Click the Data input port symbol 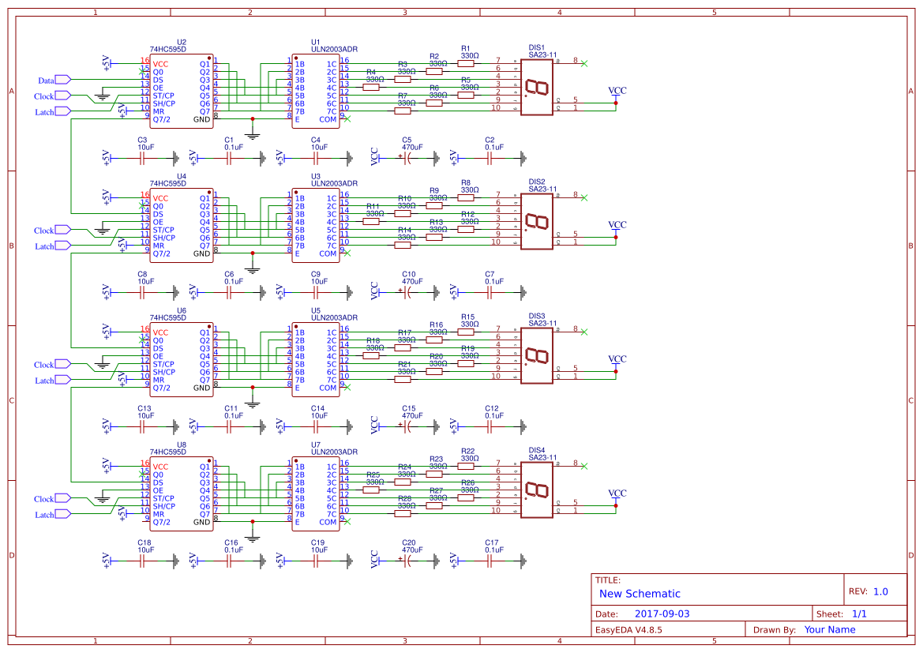[x=62, y=80]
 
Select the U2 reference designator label [x=182, y=42]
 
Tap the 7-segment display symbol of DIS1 [x=536, y=87]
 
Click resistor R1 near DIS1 [x=466, y=64]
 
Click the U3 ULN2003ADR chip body [x=316, y=225]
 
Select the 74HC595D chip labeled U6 [x=182, y=359]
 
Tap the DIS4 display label [x=537, y=450]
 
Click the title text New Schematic [x=640, y=594]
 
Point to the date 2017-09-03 [x=662, y=614]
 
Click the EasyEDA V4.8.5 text [x=628, y=629]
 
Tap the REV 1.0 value [x=880, y=591]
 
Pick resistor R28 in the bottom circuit [x=403, y=514]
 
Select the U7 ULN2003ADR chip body [x=316, y=494]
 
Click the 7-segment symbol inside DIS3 [x=536, y=355]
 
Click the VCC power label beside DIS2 [x=617, y=225]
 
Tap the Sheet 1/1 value [x=859, y=614]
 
